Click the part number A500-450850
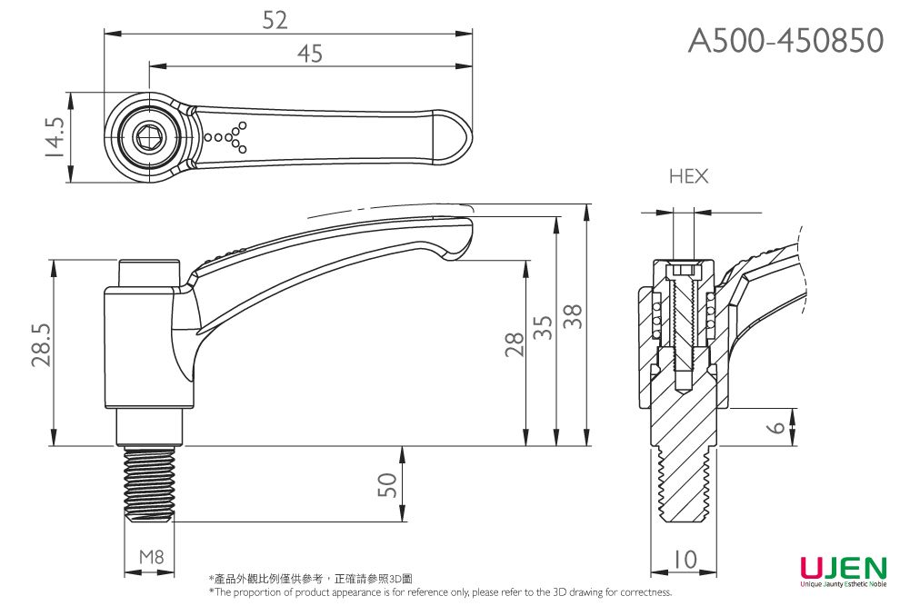(x=785, y=40)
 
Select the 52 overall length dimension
(x=275, y=20)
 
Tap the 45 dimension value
(x=309, y=54)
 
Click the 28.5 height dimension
(x=41, y=344)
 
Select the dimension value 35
(x=543, y=328)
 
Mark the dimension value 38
(x=573, y=317)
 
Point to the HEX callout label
(x=688, y=176)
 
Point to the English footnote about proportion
(x=440, y=592)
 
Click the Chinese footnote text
(x=309, y=579)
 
